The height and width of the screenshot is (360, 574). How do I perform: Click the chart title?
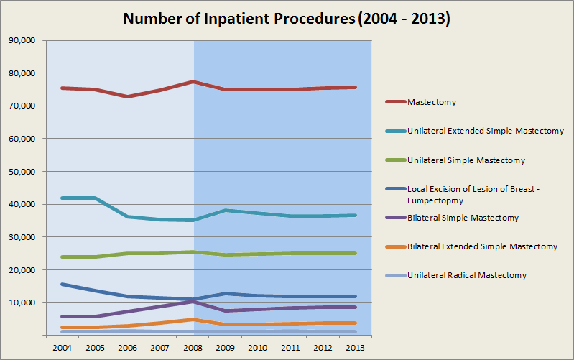[x=287, y=19]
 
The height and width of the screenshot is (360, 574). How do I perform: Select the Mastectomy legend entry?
[x=431, y=102]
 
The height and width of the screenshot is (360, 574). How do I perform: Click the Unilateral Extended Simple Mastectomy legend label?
[x=485, y=131]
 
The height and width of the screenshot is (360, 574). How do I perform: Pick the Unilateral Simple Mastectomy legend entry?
[x=466, y=160]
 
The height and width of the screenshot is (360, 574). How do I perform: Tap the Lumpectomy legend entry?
[x=477, y=194]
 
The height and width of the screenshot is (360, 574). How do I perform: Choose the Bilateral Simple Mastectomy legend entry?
[x=463, y=218]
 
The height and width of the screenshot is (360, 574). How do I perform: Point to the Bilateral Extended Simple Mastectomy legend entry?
[x=482, y=246]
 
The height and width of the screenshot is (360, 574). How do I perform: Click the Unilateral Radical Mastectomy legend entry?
[x=466, y=275]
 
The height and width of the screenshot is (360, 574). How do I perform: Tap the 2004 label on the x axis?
[x=62, y=347]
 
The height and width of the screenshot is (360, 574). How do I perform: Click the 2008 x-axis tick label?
[x=193, y=347]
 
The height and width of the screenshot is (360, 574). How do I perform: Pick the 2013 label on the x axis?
[x=356, y=347]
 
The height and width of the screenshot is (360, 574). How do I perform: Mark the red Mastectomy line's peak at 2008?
[x=193, y=82]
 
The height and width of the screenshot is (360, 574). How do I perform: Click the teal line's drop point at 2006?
[x=128, y=216]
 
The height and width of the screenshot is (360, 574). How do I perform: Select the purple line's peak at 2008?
[x=193, y=301]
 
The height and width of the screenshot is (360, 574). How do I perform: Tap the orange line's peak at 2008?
[x=193, y=319]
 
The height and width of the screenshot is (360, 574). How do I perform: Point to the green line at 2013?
[x=356, y=253]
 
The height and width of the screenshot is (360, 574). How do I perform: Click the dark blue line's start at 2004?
[x=63, y=285]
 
